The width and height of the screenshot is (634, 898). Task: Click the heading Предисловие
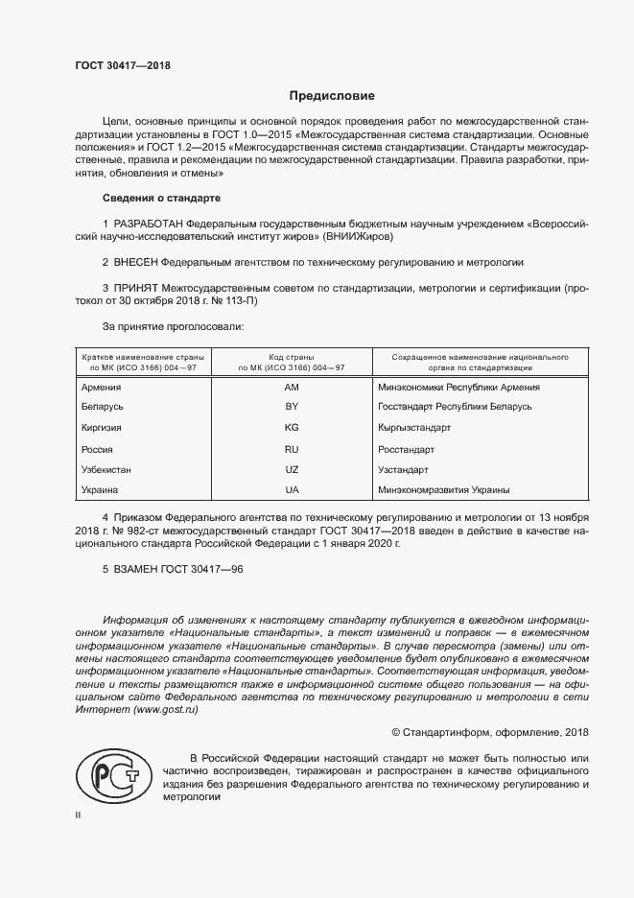coord(332,96)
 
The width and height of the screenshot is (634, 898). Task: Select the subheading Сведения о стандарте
coord(161,199)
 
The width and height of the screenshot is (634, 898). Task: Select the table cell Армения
coord(102,388)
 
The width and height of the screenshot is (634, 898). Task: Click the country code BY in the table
coord(293,408)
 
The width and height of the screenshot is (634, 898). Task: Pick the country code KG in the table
coord(293,428)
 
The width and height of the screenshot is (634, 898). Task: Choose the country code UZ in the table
coord(293,470)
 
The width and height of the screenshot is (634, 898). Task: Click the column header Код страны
coord(292,355)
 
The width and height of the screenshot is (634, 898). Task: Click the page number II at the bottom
coord(79,814)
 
